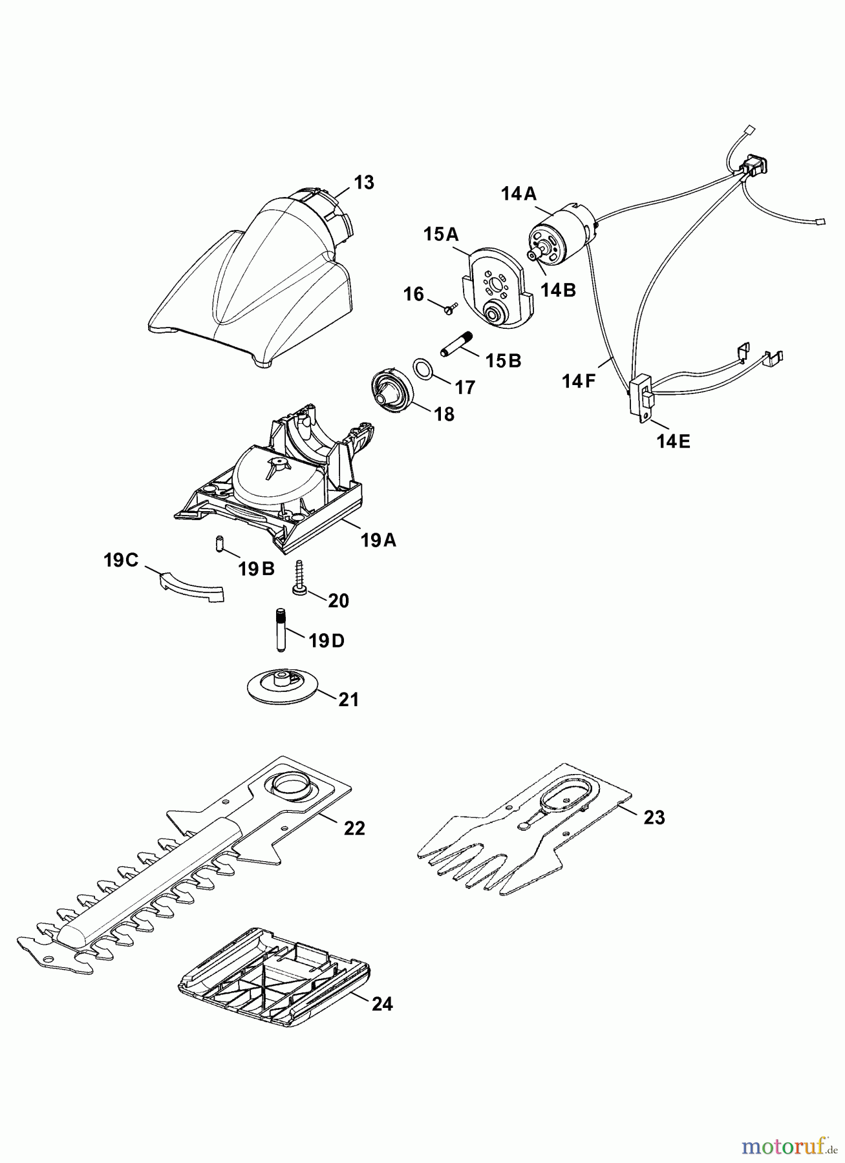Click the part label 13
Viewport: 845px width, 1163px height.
(364, 183)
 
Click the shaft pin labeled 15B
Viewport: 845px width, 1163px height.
(456, 343)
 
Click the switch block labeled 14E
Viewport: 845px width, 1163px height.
(643, 398)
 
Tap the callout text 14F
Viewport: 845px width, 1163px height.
(578, 381)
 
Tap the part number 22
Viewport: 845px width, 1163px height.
(354, 828)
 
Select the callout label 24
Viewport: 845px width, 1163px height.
(382, 1004)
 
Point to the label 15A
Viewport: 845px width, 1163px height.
(441, 234)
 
